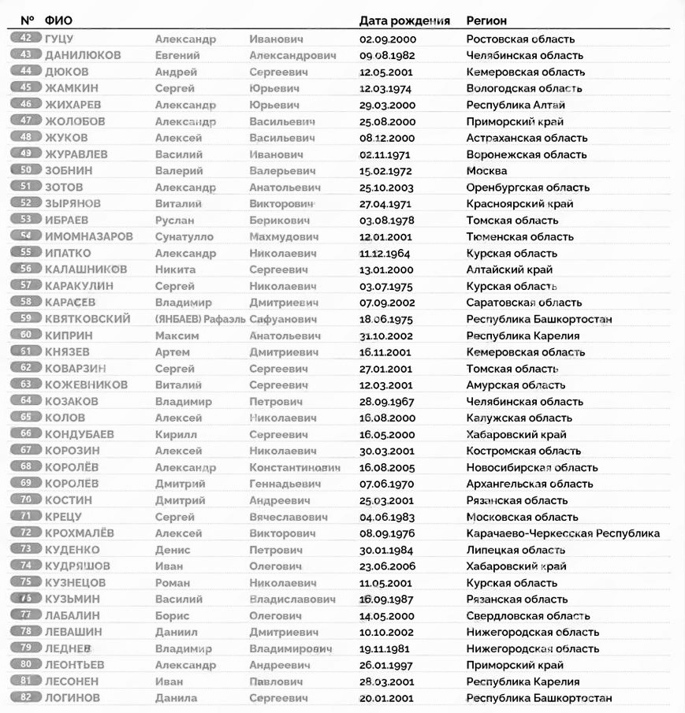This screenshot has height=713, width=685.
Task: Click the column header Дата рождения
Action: (404, 20)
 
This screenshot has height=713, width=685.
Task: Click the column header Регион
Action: (486, 20)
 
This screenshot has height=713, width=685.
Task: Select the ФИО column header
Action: (58, 20)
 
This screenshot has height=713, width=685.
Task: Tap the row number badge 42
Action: (27, 39)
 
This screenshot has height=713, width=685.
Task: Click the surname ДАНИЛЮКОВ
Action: (83, 55)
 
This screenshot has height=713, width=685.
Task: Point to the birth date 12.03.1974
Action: (387, 88)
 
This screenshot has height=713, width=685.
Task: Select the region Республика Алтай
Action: (516, 105)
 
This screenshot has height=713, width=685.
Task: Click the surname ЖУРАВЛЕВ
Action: (76, 154)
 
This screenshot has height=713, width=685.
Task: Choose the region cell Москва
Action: (486, 171)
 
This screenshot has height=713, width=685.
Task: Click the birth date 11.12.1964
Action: (387, 253)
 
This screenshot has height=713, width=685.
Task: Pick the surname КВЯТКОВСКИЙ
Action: (87, 319)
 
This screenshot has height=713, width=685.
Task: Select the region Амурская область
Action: (516, 384)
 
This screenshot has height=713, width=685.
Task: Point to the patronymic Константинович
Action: (295, 467)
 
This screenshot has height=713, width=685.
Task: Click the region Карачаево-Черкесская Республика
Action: (563, 533)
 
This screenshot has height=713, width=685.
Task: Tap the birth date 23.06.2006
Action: (387, 566)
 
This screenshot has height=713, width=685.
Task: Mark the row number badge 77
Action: (27, 615)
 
